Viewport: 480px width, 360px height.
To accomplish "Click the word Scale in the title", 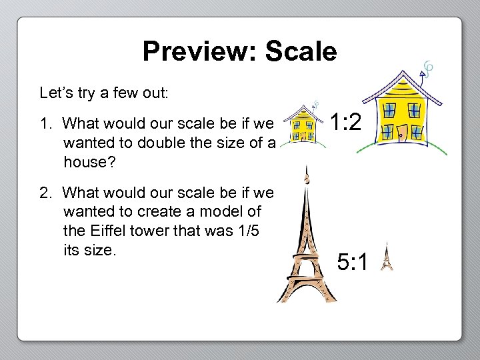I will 301,51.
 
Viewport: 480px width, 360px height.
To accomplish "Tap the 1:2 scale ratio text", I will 346,122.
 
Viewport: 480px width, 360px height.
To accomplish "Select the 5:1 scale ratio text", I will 353,263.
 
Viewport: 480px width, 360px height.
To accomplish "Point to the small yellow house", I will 303,125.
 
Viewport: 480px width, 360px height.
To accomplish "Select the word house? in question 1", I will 87,161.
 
